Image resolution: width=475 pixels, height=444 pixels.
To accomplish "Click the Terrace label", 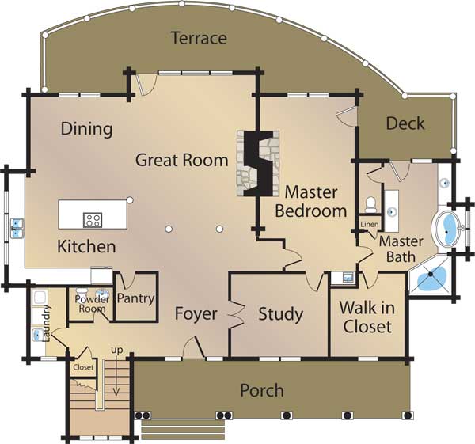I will point(199,38).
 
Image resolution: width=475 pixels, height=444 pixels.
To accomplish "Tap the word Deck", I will point(405,123).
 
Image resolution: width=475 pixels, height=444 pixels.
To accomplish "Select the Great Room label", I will point(181,160).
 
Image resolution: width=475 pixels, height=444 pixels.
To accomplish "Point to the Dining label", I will point(86,128).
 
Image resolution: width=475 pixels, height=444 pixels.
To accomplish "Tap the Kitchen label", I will point(86,247).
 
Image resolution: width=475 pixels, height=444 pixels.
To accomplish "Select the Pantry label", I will point(135,299).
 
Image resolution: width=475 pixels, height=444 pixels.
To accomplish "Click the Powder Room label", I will point(91,304).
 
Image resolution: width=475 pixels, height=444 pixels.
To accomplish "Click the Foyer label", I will point(196,314).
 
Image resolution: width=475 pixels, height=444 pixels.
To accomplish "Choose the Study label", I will point(281,314).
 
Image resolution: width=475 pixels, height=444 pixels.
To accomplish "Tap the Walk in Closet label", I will point(366,316).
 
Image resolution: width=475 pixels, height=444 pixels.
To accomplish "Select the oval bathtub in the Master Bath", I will point(450,230).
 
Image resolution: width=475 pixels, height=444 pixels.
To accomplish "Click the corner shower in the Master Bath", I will point(431,277).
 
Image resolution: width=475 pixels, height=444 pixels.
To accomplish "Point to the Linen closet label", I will point(370,225).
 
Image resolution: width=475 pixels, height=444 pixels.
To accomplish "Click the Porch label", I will point(261,390).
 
